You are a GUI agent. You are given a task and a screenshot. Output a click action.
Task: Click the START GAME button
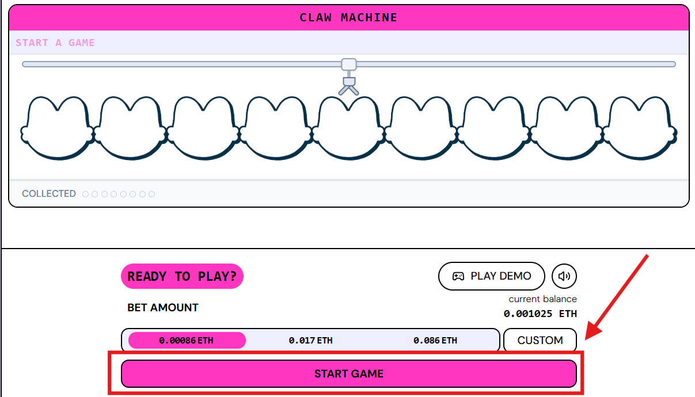tap(349, 373)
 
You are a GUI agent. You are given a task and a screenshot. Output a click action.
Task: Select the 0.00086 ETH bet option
tap(187, 340)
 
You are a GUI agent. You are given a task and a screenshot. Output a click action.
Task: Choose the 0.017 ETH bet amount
tap(310, 340)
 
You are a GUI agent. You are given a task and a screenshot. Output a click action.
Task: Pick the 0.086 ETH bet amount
tap(435, 340)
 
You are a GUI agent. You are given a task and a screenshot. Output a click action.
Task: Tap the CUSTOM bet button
tap(540, 340)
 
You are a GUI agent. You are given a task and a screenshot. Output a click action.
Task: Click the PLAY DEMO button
tap(492, 276)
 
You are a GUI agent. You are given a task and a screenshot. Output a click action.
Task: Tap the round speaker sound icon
tap(564, 276)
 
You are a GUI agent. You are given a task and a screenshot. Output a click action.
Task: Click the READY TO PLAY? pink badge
tap(182, 276)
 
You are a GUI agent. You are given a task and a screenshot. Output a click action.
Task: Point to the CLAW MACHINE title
tap(348, 17)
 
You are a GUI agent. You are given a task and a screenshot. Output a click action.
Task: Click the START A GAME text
tap(55, 43)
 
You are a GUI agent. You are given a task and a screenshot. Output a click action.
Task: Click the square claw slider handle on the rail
tap(349, 64)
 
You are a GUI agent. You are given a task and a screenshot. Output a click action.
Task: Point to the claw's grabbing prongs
tap(348, 90)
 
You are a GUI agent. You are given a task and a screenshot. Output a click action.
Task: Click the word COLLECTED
tap(49, 194)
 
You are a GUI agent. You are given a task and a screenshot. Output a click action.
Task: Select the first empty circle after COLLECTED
tap(85, 194)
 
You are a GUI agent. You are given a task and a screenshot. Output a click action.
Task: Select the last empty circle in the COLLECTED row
tap(151, 194)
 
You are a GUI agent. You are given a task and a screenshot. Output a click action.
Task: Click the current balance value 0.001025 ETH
tap(540, 314)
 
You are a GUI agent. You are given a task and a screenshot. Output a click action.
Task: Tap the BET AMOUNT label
tap(162, 307)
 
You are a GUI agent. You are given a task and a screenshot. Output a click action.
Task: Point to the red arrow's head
tap(592, 331)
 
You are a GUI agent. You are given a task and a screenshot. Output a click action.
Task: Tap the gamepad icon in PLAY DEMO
tap(458, 276)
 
